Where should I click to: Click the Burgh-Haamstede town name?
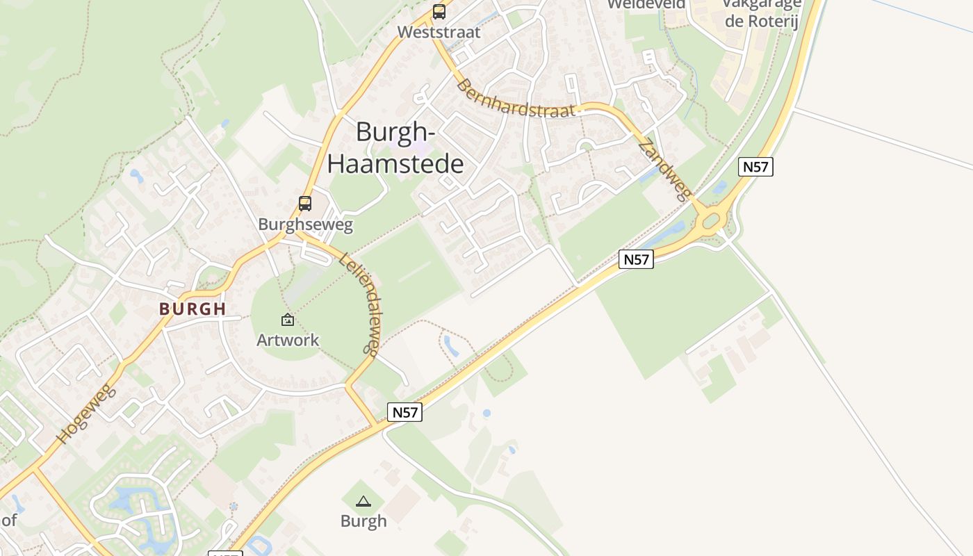pos(395,147)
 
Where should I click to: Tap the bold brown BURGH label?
pos(193,309)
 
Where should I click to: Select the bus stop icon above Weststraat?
pos(439,12)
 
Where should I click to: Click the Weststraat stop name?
pos(439,32)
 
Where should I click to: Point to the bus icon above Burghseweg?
pos(305,204)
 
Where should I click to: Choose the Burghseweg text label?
pos(305,224)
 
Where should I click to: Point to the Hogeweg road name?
pos(84,414)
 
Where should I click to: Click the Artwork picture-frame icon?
pos(288,320)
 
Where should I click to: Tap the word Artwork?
pos(288,340)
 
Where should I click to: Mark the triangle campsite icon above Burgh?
pos(363,500)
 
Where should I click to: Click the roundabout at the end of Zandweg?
pos(711,222)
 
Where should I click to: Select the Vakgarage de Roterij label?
pos(762,13)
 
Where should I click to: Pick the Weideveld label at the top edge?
pos(646,4)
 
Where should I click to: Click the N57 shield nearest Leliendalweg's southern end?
pos(404,412)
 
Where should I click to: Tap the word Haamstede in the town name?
pos(395,164)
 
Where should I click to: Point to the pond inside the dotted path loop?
pos(452,345)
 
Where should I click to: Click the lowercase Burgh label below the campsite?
pos(363,521)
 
